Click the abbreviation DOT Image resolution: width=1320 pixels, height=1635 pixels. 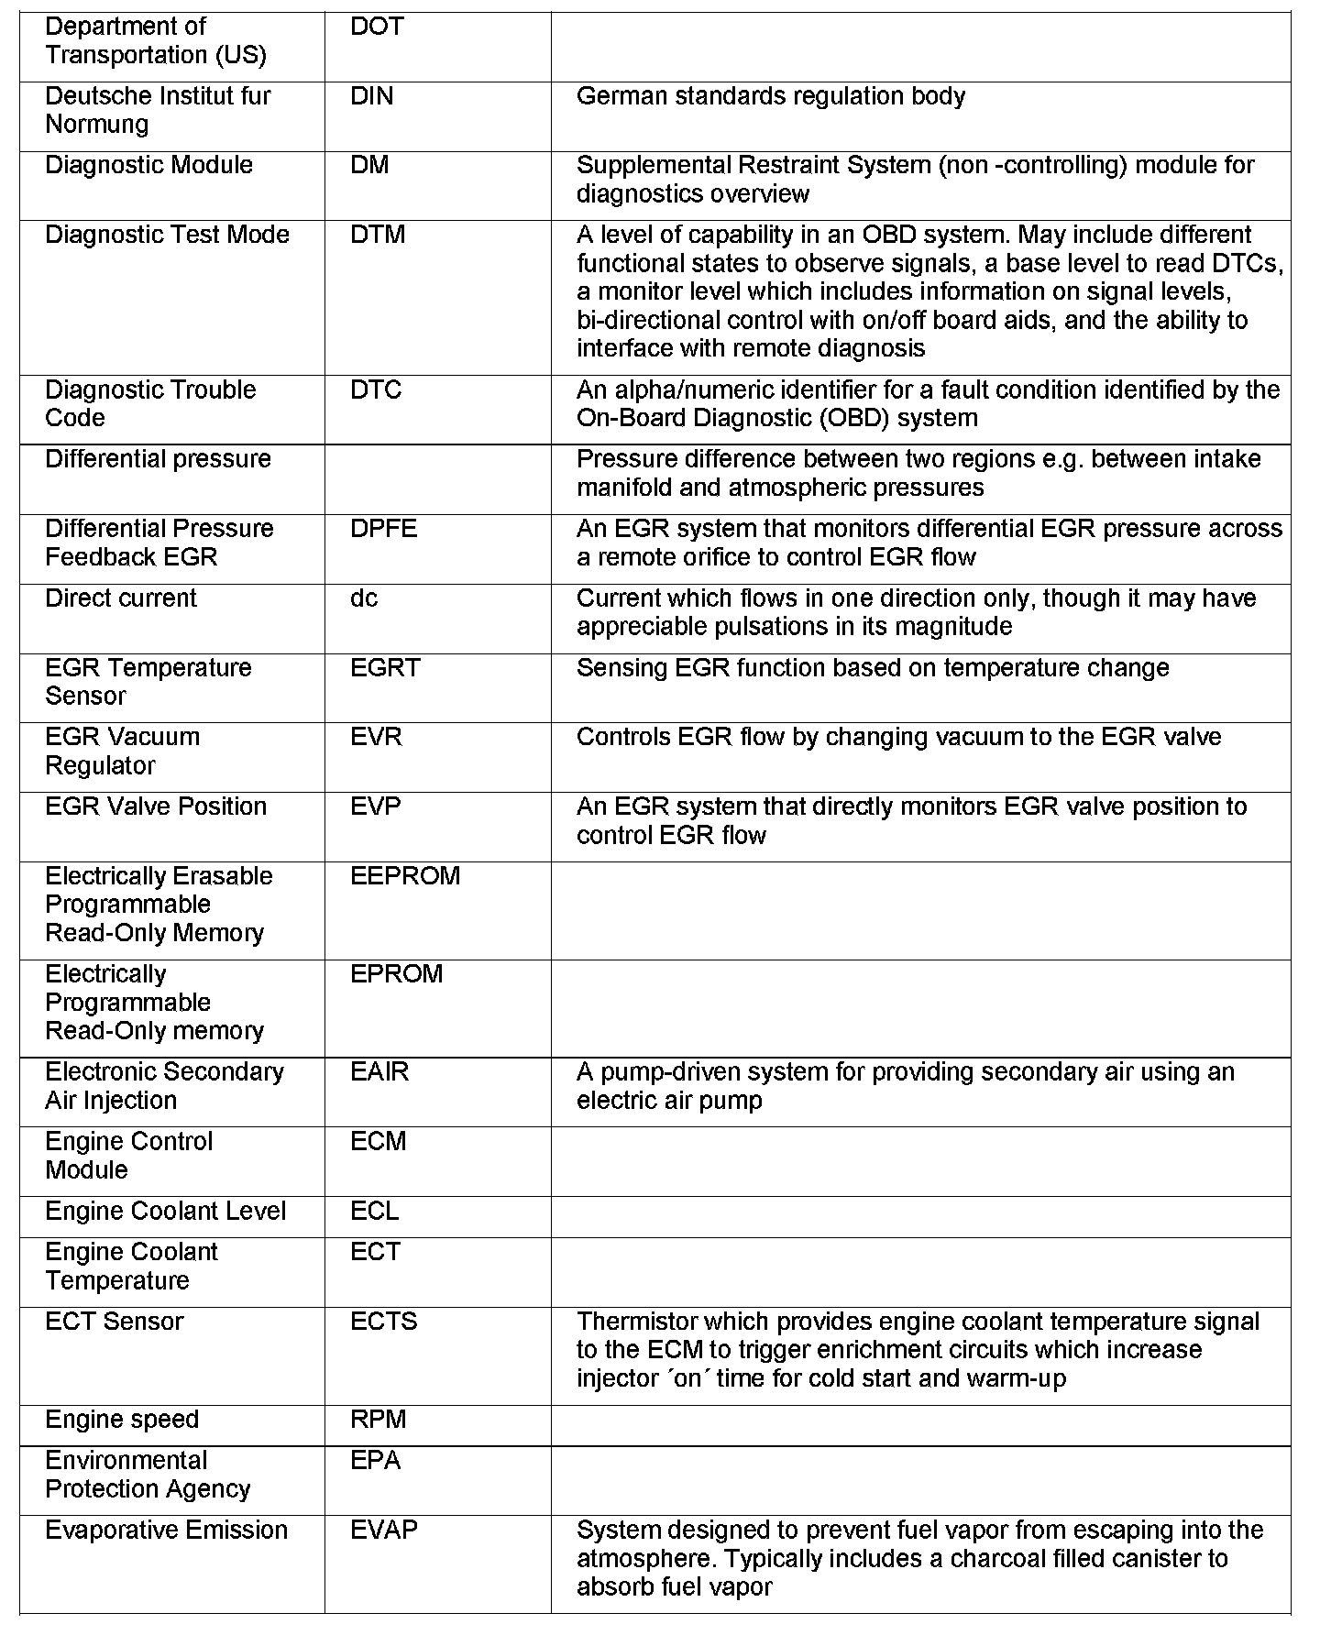tap(377, 27)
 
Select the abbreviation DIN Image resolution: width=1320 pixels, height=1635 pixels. tap(371, 96)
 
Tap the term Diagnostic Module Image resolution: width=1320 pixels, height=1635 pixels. tap(148, 165)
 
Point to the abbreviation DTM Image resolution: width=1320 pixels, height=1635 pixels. tap(378, 235)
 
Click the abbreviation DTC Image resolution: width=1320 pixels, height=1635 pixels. tap(376, 390)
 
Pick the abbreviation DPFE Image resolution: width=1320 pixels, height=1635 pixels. tap(383, 529)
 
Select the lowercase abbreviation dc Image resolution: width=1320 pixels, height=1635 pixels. tap(364, 598)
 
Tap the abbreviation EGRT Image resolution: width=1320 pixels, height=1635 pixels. tap(385, 667)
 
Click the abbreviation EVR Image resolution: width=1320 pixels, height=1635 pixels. tap(376, 737)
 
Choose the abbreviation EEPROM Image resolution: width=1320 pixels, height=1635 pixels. tap(405, 876)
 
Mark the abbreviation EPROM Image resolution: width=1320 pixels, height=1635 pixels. tap(396, 973)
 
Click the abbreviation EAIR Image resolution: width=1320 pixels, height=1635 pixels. tap(379, 1071)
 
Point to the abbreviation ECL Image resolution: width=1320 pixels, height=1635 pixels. tap(374, 1211)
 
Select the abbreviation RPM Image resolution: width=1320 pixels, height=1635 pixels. tap(378, 1419)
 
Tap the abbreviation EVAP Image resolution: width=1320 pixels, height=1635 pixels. tap(383, 1530)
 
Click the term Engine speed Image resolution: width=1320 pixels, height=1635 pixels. tap(122, 1419)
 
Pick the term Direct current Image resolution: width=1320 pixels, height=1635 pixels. tap(121, 598)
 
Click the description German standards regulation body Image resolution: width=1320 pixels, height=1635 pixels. tap(770, 96)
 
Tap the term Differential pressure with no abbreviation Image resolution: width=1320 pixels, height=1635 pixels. tap(158, 459)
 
